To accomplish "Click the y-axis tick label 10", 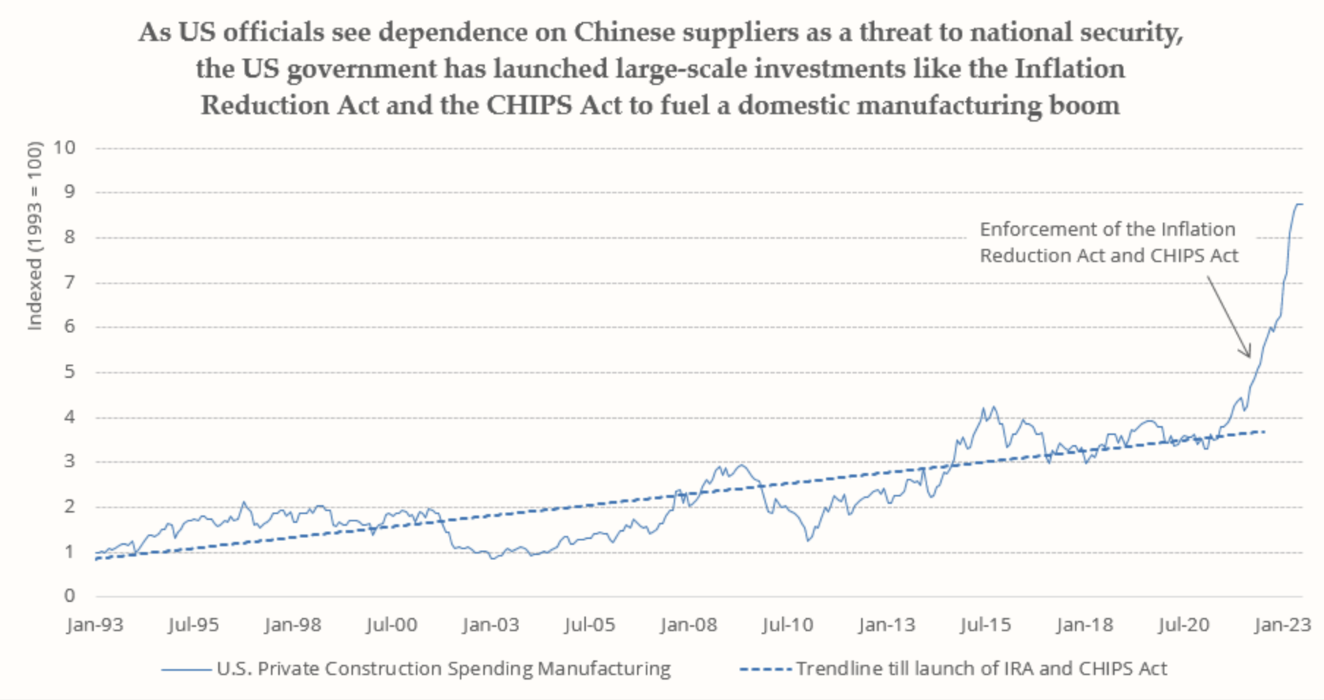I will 64,147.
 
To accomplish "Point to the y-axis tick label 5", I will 70,372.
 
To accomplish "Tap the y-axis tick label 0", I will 70,596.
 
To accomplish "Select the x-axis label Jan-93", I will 95,625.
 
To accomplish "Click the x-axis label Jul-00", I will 392,625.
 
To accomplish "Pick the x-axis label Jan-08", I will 688,625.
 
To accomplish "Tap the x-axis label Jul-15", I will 985,625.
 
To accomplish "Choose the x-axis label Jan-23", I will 1282,625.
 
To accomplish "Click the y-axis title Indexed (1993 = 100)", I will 34,236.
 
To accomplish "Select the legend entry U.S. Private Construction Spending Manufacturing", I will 443,669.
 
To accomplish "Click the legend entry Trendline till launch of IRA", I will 981,669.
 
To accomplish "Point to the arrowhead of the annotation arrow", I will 1249,355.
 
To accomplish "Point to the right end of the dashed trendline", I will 1265,432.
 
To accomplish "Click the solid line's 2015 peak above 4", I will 993,408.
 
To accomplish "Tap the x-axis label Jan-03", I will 491,625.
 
